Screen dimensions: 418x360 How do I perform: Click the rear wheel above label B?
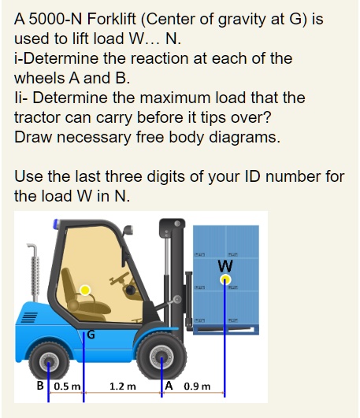(49, 360)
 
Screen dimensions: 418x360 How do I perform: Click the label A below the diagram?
(170, 386)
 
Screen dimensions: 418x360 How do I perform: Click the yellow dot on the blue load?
(225, 278)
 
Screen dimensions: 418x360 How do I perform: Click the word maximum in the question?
(195, 98)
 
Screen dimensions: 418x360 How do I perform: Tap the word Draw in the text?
(32, 138)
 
